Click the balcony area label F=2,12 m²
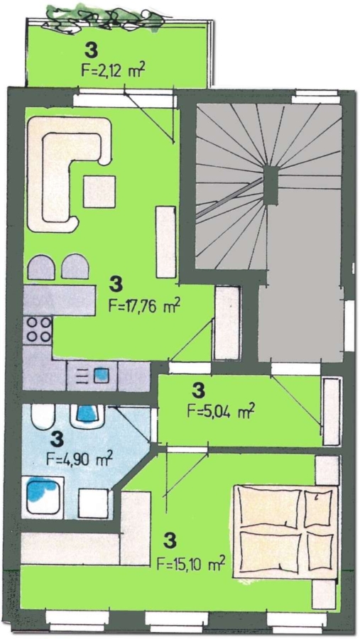click(x=114, y=70)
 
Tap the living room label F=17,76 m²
click(x=145, y=305)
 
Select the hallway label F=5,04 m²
click(x=221, y=410)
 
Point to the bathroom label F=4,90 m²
click(x=80, y=459)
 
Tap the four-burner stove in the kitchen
click(x=39, y=329)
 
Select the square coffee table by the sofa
click(x=99, y=191)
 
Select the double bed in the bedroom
click(x=285, y=531)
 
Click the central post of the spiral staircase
click(x=271, y=185)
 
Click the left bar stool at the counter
click(x=41, y=268)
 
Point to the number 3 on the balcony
click(x=92, y=50)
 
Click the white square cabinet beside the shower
click(x=94, y=503)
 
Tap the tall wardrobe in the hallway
click(x=332, y=411)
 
